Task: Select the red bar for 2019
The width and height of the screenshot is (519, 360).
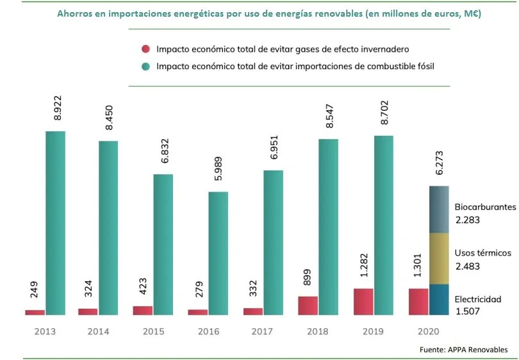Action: pyautogui.click(x=363, y=302)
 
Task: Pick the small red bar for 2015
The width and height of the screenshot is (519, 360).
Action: pyautogui.click(x=143, y=311)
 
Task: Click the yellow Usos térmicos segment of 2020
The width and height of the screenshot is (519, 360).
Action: pyautogui.click(x=439, y=258)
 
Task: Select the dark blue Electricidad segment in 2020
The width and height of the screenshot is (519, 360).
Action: pyautogui.click(x=439, y=300)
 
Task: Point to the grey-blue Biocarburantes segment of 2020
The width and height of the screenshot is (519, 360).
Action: pyautogui.click(x=439, y=209)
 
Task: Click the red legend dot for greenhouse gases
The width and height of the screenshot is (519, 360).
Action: pyautogui.click(x=145, y=49)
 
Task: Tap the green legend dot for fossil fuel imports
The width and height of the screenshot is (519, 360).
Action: pyautogui.click(x=145, y=65)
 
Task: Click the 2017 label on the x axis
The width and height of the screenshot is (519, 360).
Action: pyautogui.click(x=263, y=332)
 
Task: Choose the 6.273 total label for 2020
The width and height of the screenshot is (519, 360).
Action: pyautogui.click(x=438, y=168)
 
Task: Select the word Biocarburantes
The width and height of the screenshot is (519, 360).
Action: pyautogui.click(x=485, y=208)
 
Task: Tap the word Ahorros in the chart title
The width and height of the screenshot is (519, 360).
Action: pyautogui.click(x=77, y=13)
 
